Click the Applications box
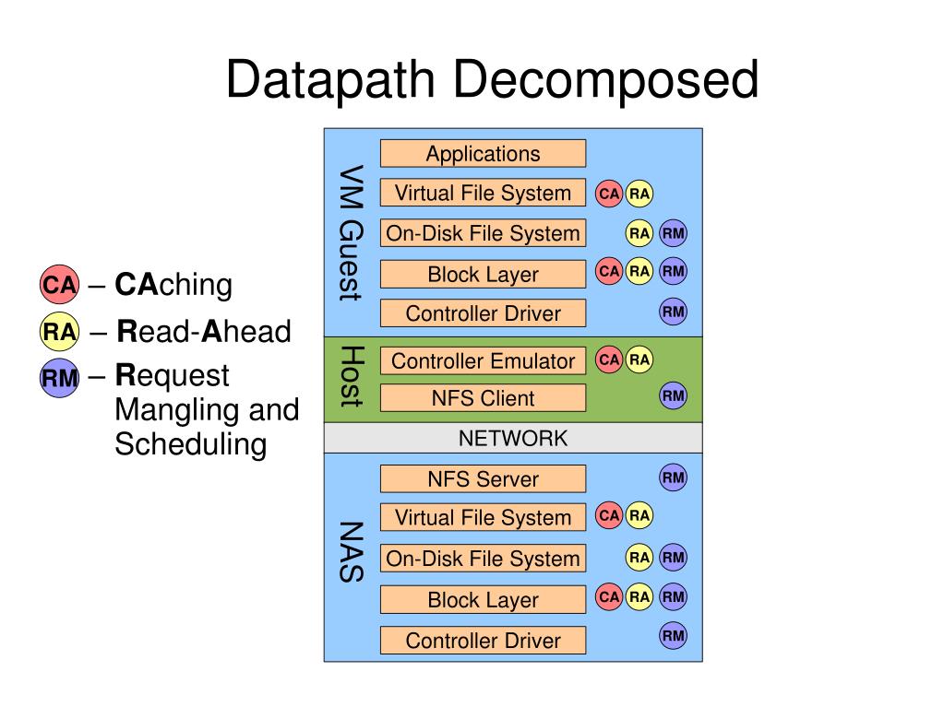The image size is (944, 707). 483,153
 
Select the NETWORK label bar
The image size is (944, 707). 513,438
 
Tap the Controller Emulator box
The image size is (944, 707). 483,360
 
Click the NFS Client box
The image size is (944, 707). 483,398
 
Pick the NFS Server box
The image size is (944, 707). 483,478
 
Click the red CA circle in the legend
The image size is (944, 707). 60,284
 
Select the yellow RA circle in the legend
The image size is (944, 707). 60,331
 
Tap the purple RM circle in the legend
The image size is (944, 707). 60,378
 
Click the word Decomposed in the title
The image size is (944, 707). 605,81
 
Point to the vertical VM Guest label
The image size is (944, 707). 351,232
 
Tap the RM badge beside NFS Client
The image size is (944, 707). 673,395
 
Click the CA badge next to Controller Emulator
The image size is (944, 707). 609,359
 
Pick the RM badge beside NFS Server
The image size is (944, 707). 673,478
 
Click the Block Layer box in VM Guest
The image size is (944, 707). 483,274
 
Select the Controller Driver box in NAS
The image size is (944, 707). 483,641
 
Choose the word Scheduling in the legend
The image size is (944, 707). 191,445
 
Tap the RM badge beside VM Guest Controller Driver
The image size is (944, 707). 673,312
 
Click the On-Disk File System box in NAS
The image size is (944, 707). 483,559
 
